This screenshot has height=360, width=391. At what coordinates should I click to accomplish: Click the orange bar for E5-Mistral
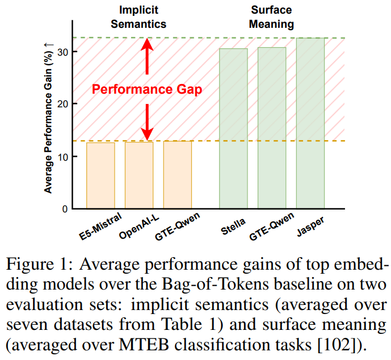coord(100,175)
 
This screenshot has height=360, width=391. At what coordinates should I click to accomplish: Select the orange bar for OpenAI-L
coord(139,175)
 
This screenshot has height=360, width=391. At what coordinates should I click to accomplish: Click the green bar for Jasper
coord(310,123)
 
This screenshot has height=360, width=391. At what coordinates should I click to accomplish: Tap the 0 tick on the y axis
coord(64,209)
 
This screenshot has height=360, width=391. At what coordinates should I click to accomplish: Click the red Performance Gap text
coord(147,90)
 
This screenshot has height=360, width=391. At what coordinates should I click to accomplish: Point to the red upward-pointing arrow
coord(147,57)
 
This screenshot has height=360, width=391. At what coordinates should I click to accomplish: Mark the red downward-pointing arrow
coord(147,122)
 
